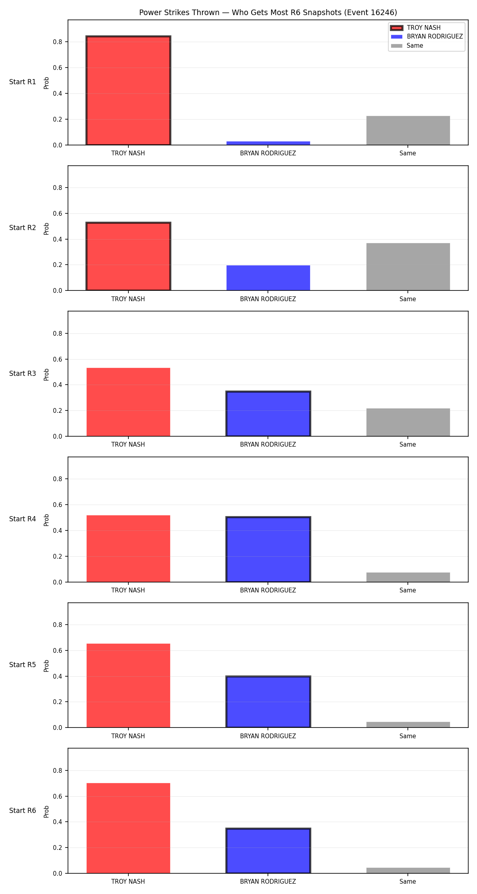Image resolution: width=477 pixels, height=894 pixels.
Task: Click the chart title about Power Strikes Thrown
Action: pyautogui.click(x=268, y=13)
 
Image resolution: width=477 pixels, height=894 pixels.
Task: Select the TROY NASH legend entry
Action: pyautogui.click(x=415, y=28)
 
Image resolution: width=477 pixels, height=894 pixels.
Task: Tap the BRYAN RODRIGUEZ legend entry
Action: pyautogui.click(x=427, y=37)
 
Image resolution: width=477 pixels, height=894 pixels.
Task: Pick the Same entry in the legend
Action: pyautogui.click(x=407, y=46)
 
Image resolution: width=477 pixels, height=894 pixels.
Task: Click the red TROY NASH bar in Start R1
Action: pyautogui.click(x=128, y=91)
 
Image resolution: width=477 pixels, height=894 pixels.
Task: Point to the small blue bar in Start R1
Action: pyautogui.click(x=268, y=143)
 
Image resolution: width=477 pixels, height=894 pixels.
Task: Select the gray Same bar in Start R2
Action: pyautogui.click(x=408, y=267)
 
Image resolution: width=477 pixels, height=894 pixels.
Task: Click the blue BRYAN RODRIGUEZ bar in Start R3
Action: pyautogui.click(x=268, y=414)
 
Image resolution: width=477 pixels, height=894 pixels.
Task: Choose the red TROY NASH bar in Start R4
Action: pyautogui.click(x=128, y=549)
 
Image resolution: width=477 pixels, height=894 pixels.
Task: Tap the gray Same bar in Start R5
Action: pyautogui.click(x=408, y=725)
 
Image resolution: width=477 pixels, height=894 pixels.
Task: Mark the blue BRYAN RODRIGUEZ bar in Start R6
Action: pyautogui.click(x=268, y=851)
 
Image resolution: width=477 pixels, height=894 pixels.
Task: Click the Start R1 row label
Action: pyautogui.click(x=23, y=82)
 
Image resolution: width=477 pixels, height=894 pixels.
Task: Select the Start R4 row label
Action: pyautogui.click(x=23, y=519)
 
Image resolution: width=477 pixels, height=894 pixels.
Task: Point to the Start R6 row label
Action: pyautogui.click(x=23, y=811)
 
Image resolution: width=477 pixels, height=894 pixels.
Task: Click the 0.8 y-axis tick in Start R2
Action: pyautogui.click(x=58, y=188)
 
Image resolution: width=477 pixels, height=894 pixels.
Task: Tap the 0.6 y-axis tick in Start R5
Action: pyautogui.click(x=58, y=650)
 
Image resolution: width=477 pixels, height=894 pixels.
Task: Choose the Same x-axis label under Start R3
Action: pyautogui.click(x=408, y=444)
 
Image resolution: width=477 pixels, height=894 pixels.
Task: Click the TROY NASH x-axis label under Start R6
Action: pyautogui.click(x=128, y=881)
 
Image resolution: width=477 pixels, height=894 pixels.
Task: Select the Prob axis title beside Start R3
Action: pyautogui.click(x=47, y=374)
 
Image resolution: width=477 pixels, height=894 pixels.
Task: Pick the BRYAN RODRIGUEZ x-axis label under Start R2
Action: pyautogui.click(x=268, y=299)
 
